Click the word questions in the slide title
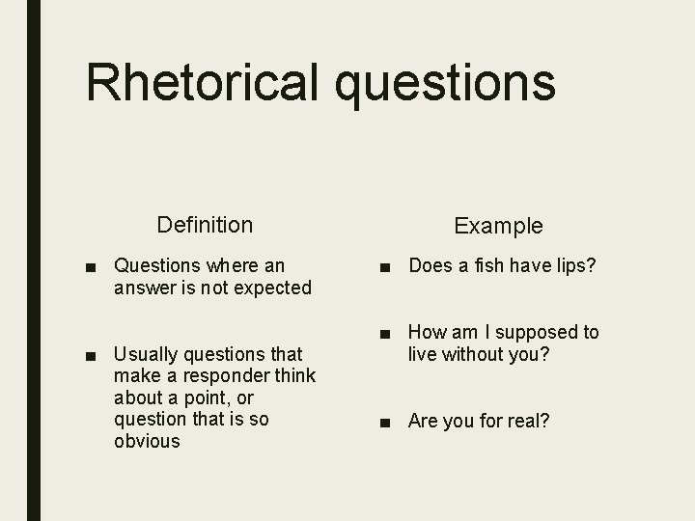click(x=447, y=83)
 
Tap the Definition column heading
click(x=205, y=225)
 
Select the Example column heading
click(x=498, y=226)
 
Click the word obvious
click(x=147, y=441)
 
